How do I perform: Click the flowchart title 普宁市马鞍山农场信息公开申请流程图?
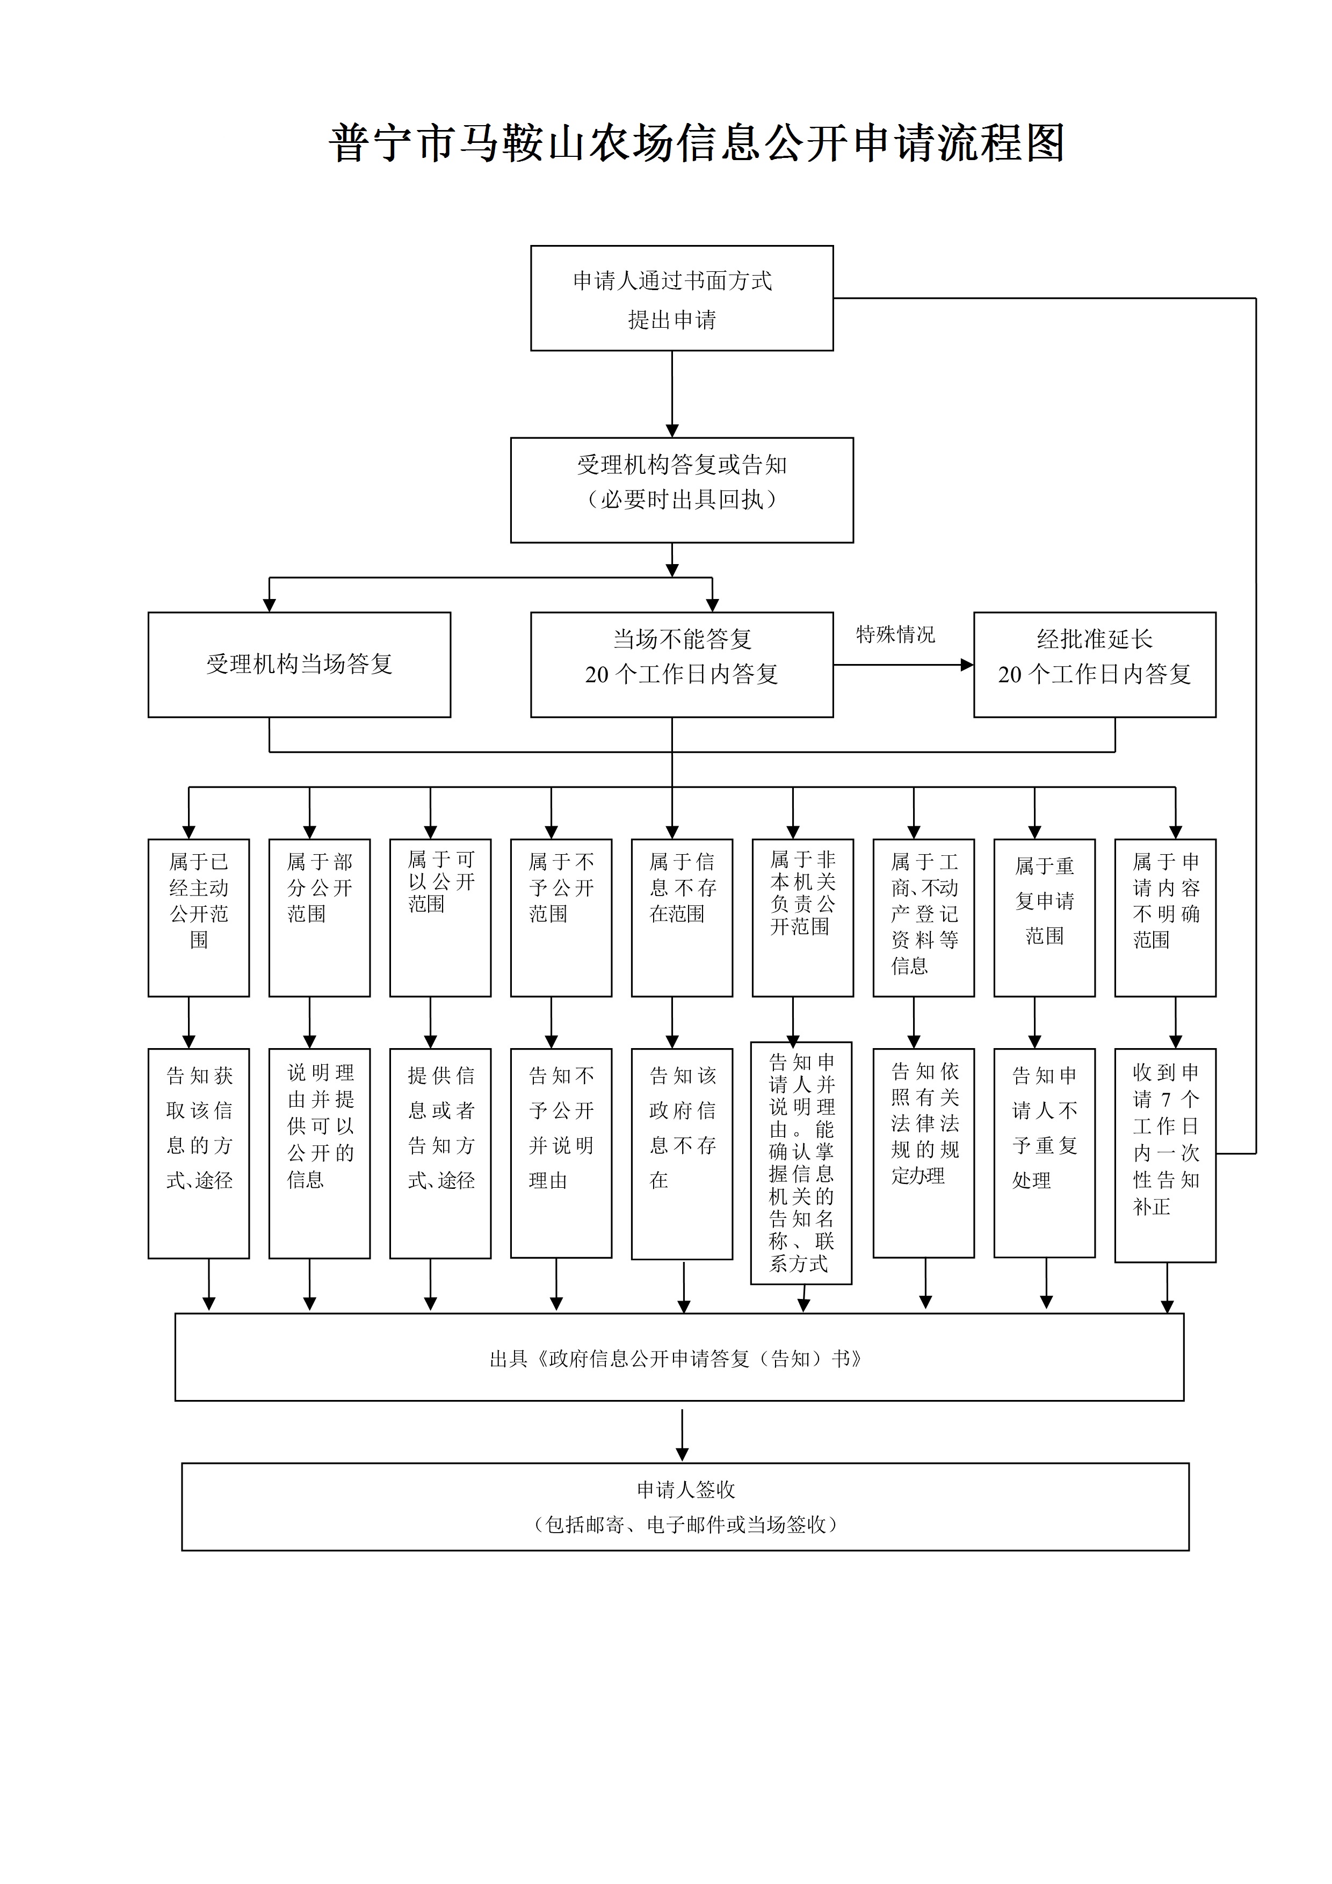(x=697, y=143)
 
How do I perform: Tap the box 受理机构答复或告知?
(x=682, y=490)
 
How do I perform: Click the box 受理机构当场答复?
(x=299, y=665)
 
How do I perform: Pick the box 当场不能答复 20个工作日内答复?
(x=682, y=665)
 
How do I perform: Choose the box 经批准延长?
(x=1094, y=665)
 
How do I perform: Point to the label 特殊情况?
(x=895, y=634)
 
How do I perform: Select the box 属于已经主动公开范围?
(x=199, y=918)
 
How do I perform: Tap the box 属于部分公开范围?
(x=319, y=918)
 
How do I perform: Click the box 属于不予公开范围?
(x=561, y=918)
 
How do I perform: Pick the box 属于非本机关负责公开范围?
(x=802, y=918)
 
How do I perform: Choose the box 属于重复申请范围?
(x=1044, y=918)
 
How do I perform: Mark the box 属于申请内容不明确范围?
(x=1164, y=918)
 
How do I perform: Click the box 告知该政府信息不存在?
(x=682, y=1153)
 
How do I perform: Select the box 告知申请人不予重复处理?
(x=1044, y=1152)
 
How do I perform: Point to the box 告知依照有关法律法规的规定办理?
(x=924, y=1152)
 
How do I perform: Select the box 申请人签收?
(x=685, y=1506)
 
